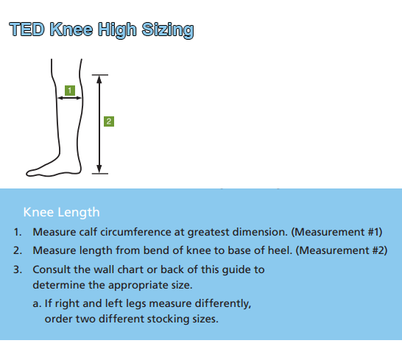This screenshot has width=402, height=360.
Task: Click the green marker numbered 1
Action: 69,90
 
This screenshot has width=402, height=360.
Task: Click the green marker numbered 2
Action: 109,121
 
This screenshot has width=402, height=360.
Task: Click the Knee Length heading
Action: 61,212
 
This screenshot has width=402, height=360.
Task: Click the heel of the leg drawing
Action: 76,169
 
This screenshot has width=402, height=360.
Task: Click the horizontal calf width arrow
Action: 68,100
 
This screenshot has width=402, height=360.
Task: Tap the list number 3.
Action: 18,269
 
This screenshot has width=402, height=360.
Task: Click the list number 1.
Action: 18,232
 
